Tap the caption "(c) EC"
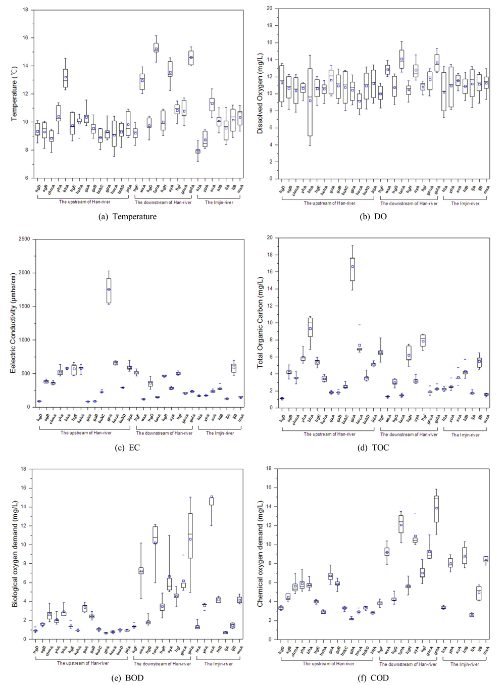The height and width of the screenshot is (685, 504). (127, 448)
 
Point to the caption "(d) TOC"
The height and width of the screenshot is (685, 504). (373, 448)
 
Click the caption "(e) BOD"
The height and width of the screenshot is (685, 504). (127, 678)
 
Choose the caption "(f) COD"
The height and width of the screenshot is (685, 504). (373, 678)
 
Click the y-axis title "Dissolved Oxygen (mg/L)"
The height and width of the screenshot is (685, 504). (260, 93)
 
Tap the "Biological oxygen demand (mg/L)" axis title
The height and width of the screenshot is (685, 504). (16, 554)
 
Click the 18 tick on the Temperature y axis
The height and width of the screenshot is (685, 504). (25, 10)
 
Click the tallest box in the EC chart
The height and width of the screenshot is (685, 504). (109, 290)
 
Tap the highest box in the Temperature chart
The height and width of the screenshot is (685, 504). (156, 47)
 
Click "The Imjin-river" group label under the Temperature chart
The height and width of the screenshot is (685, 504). (219, 203)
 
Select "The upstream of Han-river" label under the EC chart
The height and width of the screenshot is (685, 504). (86, 433)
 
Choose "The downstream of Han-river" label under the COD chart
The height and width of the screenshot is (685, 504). (408, 664)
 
